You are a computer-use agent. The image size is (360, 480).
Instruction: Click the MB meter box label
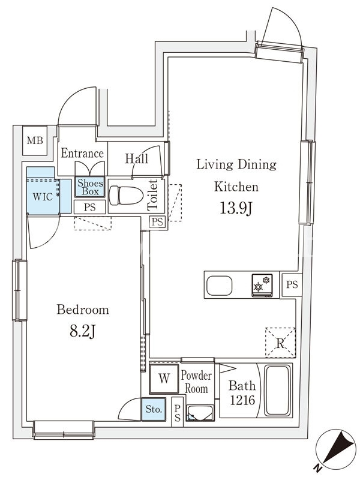35,140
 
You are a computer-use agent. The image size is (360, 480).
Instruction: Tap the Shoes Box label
91,187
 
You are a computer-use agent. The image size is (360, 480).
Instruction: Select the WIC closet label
43,197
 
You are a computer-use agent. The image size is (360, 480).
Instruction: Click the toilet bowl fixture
126,196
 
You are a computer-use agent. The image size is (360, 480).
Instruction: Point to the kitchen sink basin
219,286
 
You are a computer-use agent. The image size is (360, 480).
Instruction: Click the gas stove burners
262,286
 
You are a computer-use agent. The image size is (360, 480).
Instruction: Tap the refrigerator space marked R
280,343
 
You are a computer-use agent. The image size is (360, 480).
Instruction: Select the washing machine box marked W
164,379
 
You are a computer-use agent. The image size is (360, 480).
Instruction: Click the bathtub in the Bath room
277,391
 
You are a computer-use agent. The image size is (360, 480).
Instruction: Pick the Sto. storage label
154,409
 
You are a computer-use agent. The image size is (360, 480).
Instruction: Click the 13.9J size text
236,208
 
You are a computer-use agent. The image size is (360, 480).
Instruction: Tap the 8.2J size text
83,331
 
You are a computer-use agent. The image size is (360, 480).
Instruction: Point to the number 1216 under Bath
242,400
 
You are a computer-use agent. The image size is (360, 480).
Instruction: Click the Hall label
137,158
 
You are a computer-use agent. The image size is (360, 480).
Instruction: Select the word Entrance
82,153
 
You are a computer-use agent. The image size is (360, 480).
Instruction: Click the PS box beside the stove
292,284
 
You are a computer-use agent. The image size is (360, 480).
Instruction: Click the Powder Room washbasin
200,413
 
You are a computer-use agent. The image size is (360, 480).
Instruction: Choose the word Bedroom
83,310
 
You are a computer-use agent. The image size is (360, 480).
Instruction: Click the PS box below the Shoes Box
89,207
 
